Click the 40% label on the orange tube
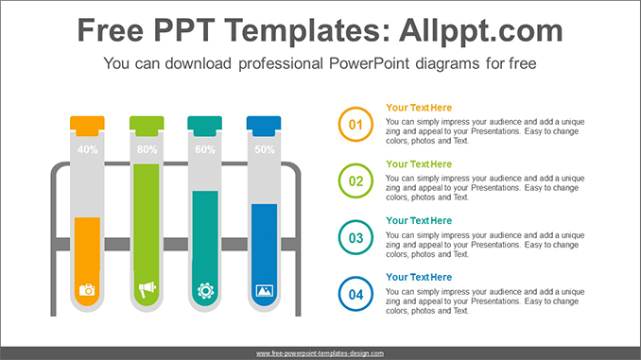(87, 149)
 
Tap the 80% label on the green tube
(147, 149)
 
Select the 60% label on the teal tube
(205, 149)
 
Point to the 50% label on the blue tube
(265, 149)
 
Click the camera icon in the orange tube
(87, 290)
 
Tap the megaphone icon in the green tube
(147, 290)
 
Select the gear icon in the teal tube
(205, 290)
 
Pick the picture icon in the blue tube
(265, 290)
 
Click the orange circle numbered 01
(356, 124)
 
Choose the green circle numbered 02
(356, 180)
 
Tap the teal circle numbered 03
(356, 237)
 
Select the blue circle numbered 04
(356, 294)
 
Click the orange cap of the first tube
(87, 124)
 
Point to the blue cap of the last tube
(265, 124)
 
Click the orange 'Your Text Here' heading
(419, 108)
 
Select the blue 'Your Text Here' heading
(419, 278)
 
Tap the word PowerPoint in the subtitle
(361, 65)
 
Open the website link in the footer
(320, 352)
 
